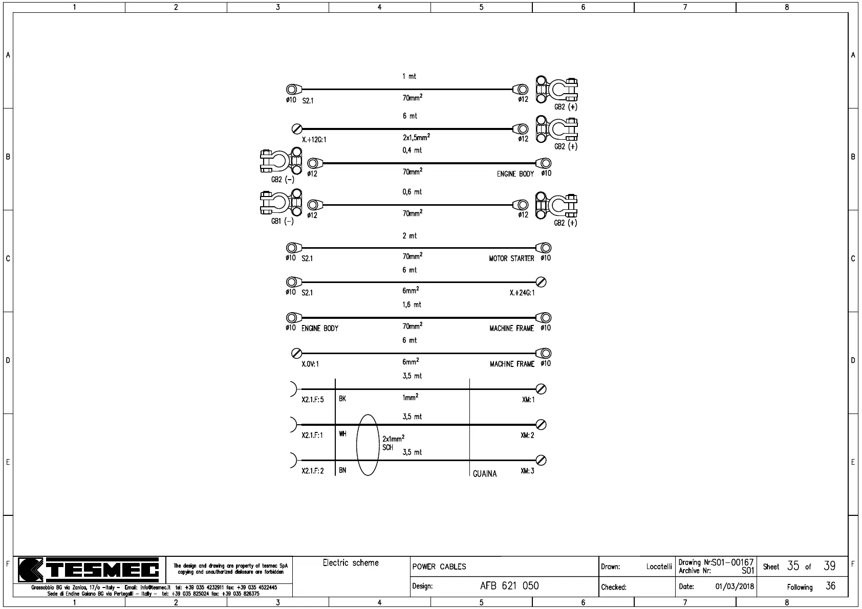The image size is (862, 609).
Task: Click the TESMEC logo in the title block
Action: coord(88,570)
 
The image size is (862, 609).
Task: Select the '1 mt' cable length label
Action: coord(409,76)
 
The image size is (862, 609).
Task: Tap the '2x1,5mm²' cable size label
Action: coord(416,137)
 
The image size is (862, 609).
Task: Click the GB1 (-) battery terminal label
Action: coord(282,222)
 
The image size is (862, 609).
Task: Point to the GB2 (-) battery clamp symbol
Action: coord(281,161)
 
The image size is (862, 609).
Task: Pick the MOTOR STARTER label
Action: coord(511,258)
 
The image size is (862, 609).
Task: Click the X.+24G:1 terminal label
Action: coord(522,293)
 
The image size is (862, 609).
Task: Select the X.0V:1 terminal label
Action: coord(310,364)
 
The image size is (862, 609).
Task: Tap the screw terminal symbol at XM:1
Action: coord(541,389)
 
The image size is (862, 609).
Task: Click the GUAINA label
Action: coord(484,474)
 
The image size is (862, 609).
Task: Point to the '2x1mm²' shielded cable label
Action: coord(393,439)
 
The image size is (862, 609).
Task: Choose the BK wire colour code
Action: coord(342,399)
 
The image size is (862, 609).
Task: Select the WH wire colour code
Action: coord(342,434)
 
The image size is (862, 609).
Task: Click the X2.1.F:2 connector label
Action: coord(312,471)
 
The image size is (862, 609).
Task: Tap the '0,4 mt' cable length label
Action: coord(412,150)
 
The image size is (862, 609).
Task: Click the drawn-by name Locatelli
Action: coord(659,567)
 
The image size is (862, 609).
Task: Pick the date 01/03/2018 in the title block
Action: coord(735,586)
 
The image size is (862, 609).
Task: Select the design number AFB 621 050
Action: coord(509,586)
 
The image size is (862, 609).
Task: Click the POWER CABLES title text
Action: coord(439,567)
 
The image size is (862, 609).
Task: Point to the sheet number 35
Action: coord(793,566)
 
